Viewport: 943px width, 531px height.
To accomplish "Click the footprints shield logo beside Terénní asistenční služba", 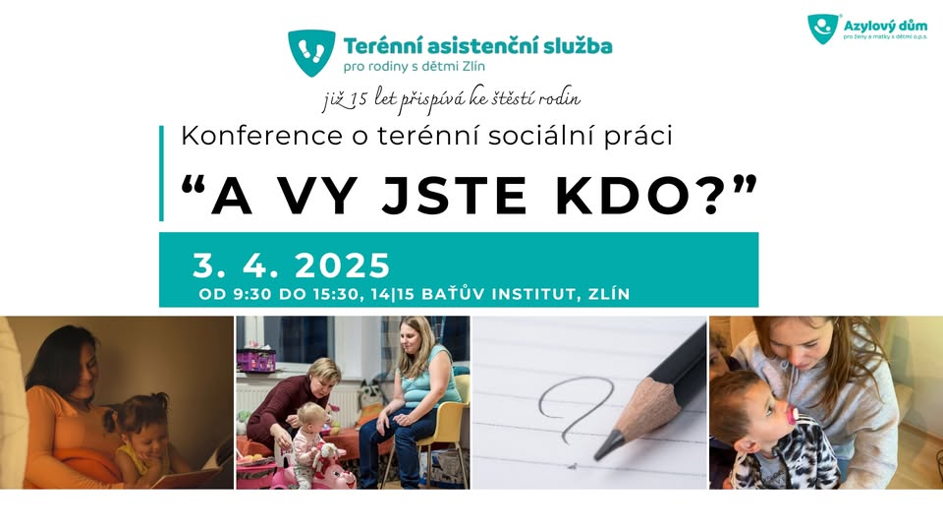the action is pyautogui.click(x=311, y=52).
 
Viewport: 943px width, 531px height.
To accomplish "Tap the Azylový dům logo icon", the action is pyautogui.click(x=823, y=29).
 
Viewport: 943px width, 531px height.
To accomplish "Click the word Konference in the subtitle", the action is pyautogui.click(x=261, y=136).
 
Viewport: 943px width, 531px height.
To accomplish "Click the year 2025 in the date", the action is pyautogui.click(x=343, y=265).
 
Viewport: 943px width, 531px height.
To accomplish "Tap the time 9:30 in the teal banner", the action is pyautogui.click(x=252, y=294).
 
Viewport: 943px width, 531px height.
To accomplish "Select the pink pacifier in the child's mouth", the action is pyautogui.click(x=793, y=416).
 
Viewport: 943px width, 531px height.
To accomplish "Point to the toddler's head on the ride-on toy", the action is pyautogui.click(x=310, y=418).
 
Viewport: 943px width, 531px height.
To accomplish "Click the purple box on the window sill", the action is pyautogui.click(x=255, y=361).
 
